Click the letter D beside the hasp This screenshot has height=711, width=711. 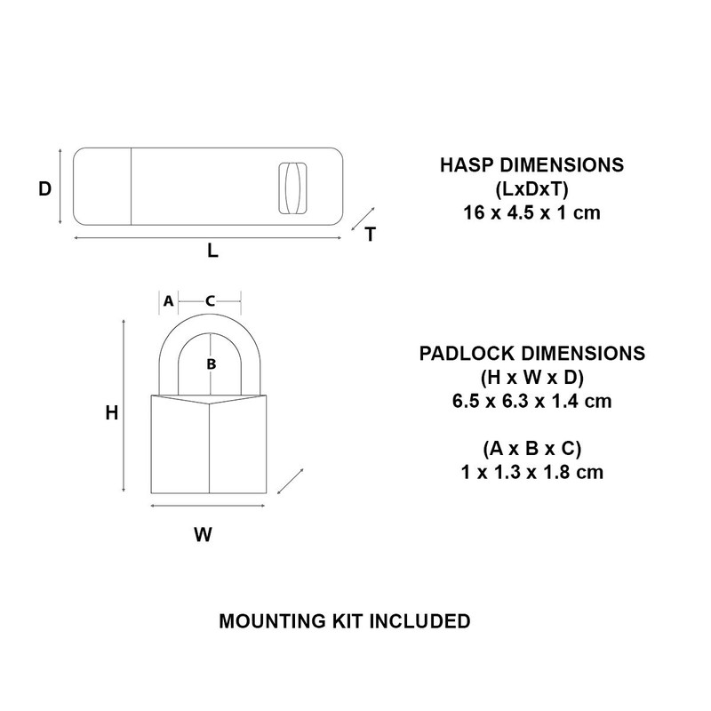coord(44,188)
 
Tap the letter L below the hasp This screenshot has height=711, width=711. coord(212,251)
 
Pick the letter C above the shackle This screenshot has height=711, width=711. coord(210,301)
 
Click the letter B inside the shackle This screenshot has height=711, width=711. coord(211,363)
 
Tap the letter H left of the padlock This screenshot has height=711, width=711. coord(111,413)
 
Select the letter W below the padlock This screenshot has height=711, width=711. coord(203,535)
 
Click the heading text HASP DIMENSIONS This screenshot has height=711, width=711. coord(531,165)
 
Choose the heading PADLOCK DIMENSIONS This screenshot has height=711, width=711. coord(531,353)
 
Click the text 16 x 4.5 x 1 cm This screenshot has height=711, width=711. coord(531,214)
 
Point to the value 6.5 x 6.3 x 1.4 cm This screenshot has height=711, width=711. coord(531,401)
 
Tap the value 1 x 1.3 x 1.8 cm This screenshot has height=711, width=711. coord(531,473)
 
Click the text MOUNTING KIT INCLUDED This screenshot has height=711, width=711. coord(344,620)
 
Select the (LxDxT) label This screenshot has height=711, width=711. coord(531,189)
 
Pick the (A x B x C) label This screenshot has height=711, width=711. coord(531,449)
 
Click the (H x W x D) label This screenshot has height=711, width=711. coord(531,377)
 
